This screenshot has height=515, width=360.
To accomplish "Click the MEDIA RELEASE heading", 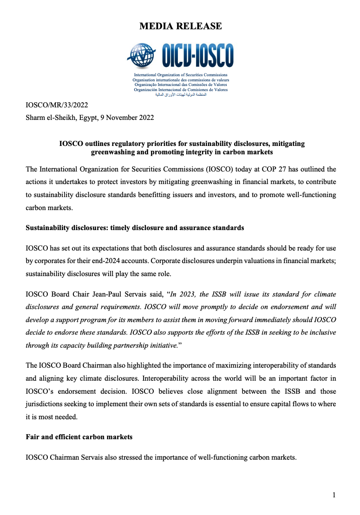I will pyautogui.click(x=180, y=26).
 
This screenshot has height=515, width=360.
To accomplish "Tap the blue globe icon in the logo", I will pyautogui.click(x=142, y=56).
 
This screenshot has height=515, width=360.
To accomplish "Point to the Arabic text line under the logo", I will pyautogui.click(x=180, y=95).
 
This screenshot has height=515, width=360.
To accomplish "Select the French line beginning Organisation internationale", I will pyautogui.click(x=181, y=80).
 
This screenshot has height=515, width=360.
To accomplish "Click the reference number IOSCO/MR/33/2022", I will pyautogui.click(x=57, y=106).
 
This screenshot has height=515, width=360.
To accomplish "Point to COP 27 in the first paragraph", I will pyautogui.click(x=268, y=169).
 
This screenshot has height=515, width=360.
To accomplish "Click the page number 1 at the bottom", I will pyautogui.click(x=334, y=495).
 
